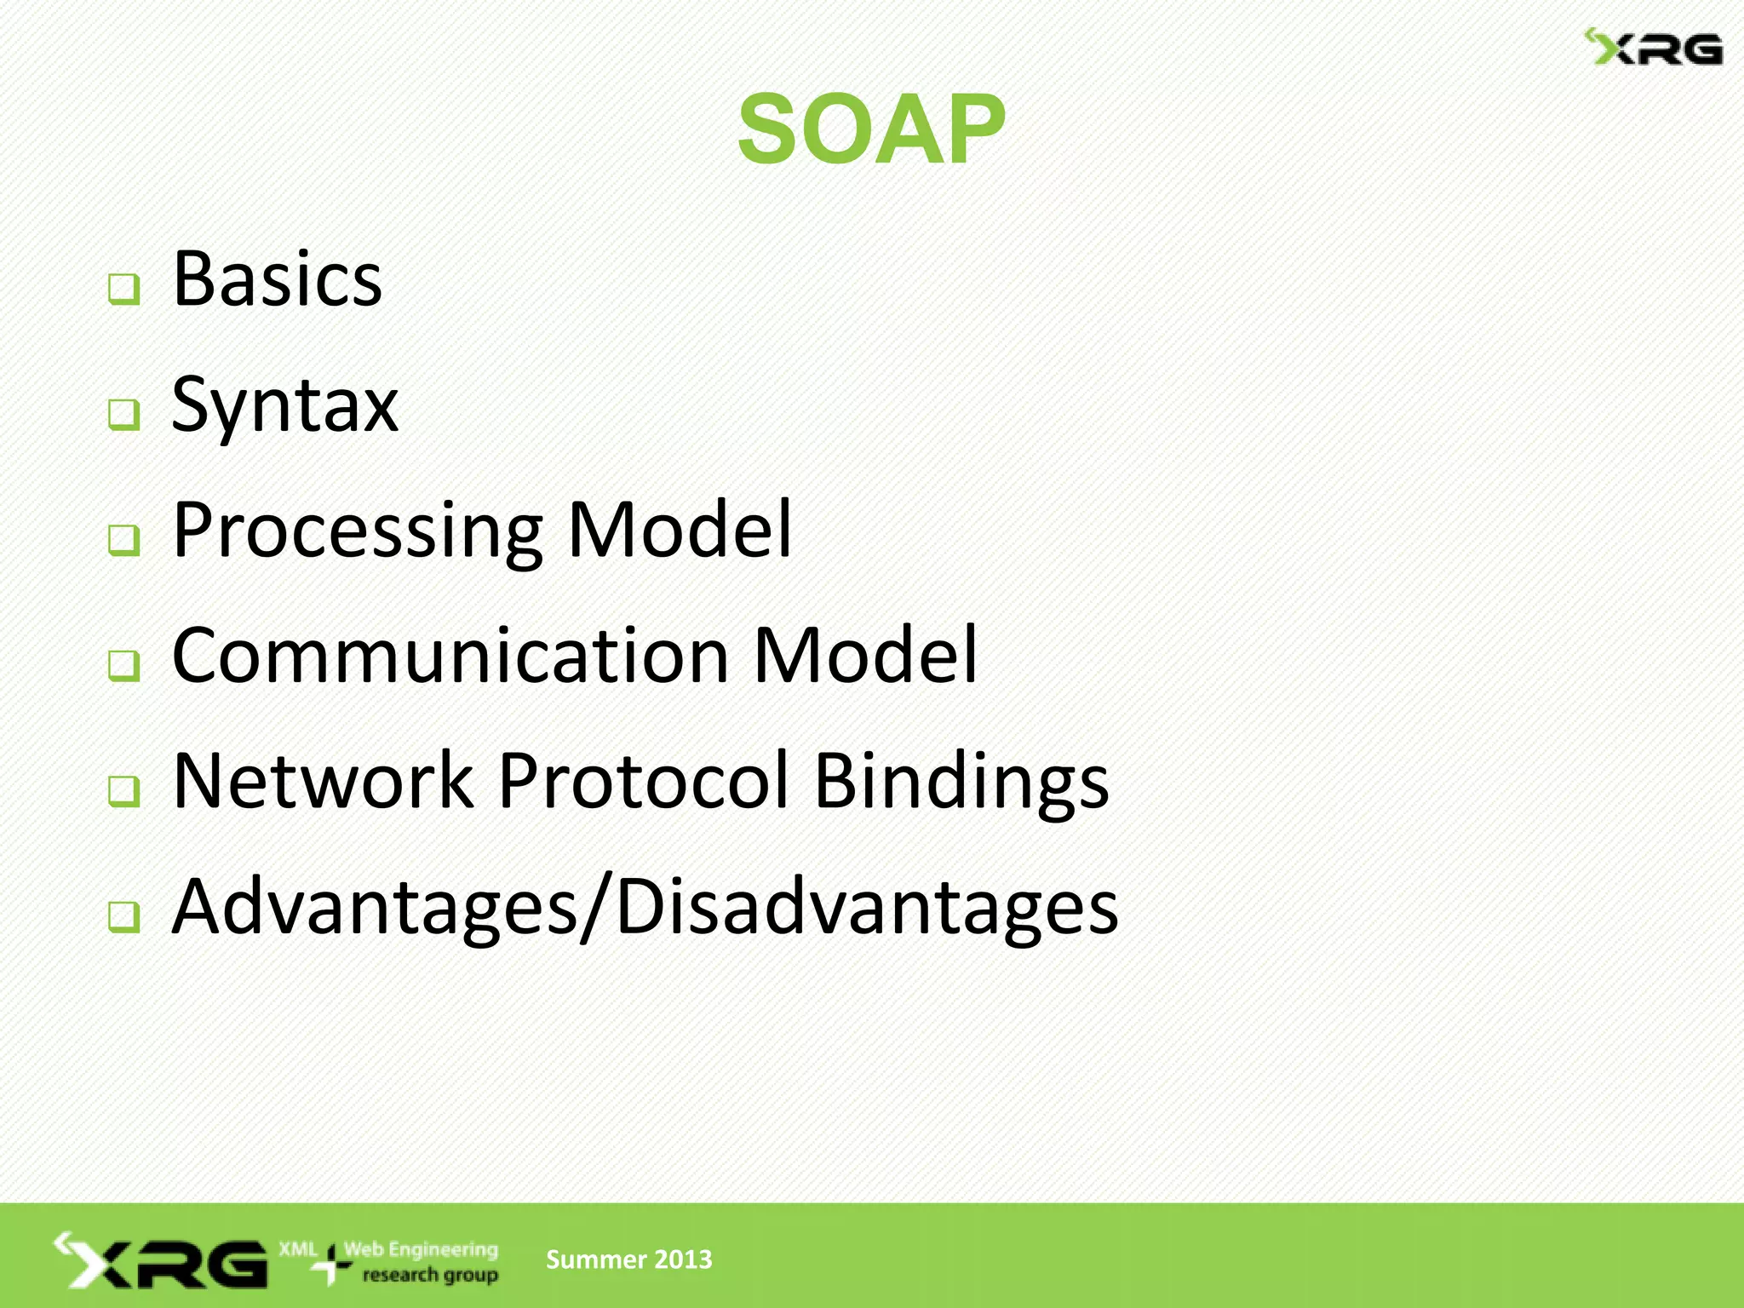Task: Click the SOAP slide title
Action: [x=871, y=129]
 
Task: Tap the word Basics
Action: [x=277, y=279]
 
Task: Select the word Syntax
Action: [x=284, y=407]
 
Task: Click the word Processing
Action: [x=357, y=531]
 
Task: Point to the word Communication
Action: [x=450, y=656]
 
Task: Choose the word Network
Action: [x=323, y=781]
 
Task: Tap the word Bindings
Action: [x=961, y=783]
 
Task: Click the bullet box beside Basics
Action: [x=124, y=290]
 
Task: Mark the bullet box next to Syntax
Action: [x=124, y=415]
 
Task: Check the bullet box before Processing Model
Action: [x=124, y=540]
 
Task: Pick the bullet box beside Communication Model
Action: [x=124, y=665]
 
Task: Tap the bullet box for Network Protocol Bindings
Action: [x=124, y=790]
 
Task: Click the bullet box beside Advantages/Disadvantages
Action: [x=124, y=916]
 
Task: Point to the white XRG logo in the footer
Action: [x=161, y=1260]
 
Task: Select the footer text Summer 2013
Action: [x=628, y=1259]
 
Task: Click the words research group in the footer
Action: [x=430, y=1276]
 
